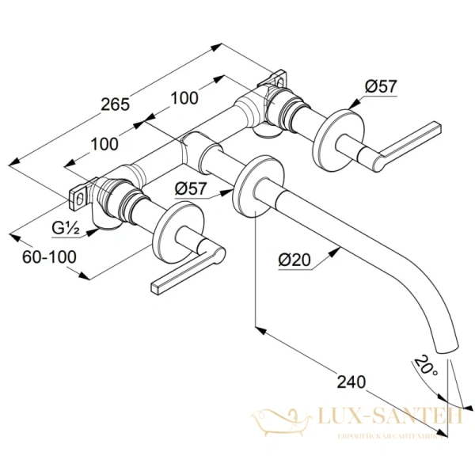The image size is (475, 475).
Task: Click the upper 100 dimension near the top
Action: point(184,98)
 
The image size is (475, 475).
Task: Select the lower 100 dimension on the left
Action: point(103,144)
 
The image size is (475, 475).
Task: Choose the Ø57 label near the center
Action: point(190,188)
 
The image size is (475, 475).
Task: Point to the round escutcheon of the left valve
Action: point(176,235)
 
